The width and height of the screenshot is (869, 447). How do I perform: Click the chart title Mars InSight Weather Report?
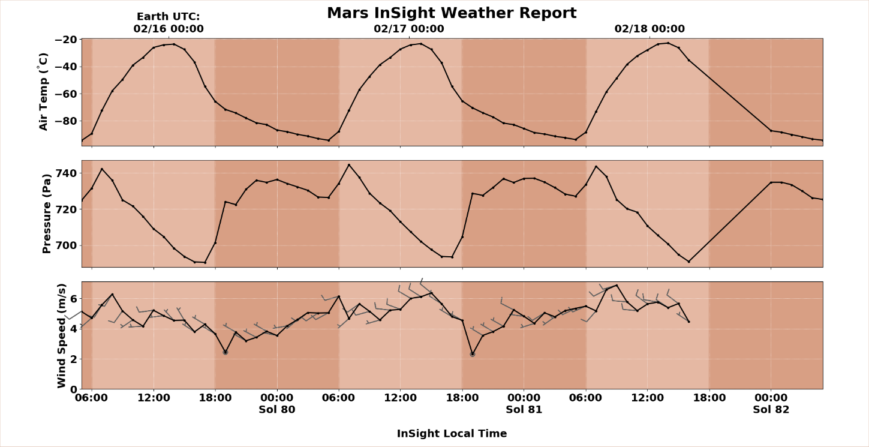pyautogui.click(x=451, y=13)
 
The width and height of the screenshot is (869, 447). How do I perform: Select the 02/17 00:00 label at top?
pyautogui.click(x=409, y=29)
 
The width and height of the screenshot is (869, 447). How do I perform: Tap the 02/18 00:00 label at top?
pyautogui.click(x=650, y=29)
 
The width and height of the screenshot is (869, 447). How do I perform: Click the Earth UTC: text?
pyautogui.click(x=169, y=17)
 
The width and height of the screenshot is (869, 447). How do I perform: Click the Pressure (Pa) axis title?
pyautogui.click(x=47, y=214)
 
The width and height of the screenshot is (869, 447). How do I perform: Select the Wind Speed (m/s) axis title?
pyautogui.click(x=61, y=335)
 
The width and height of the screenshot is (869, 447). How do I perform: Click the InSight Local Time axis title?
pyautogui.click(x=452, y=434)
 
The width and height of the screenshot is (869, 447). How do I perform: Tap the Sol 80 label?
pyautogui.click(x=276, y=410)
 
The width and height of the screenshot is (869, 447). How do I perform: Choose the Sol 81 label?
pyautogui.click(x=524, y=410)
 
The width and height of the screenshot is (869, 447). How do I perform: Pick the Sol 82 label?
pyautogui.click(x=771, y=410)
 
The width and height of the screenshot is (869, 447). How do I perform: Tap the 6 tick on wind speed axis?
pyautogui.click(x=74, y=299)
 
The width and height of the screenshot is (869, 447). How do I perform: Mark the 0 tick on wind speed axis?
pyautogui.click(x=74, y=389)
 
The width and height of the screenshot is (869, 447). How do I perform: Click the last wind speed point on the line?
pyautogui.click(x=688, y=322)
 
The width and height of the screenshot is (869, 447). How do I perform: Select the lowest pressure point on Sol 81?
pyautogui.click(x=688, y=262)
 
